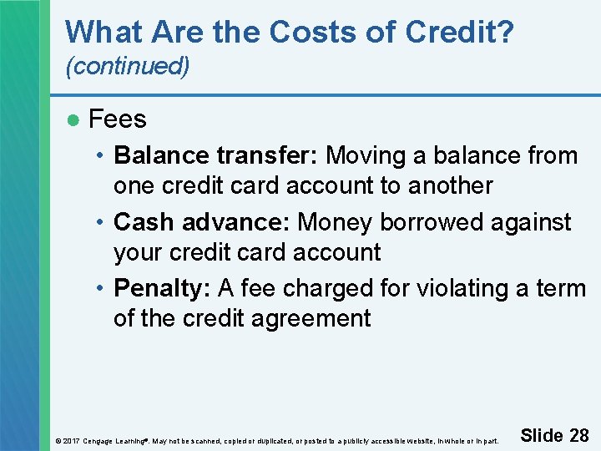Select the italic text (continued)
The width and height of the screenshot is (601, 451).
(128, 67)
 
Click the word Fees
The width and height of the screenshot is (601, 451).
(118, 119)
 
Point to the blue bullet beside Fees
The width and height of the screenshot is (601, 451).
(73, 120)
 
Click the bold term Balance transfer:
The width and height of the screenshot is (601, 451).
(217, 156)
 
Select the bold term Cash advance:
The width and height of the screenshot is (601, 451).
(202, 222)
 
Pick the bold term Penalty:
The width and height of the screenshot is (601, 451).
(162, 288)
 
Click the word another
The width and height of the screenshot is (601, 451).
(450, 185)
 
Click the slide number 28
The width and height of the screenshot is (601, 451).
(578, 435)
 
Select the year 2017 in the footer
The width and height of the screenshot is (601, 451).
(70, 440)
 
